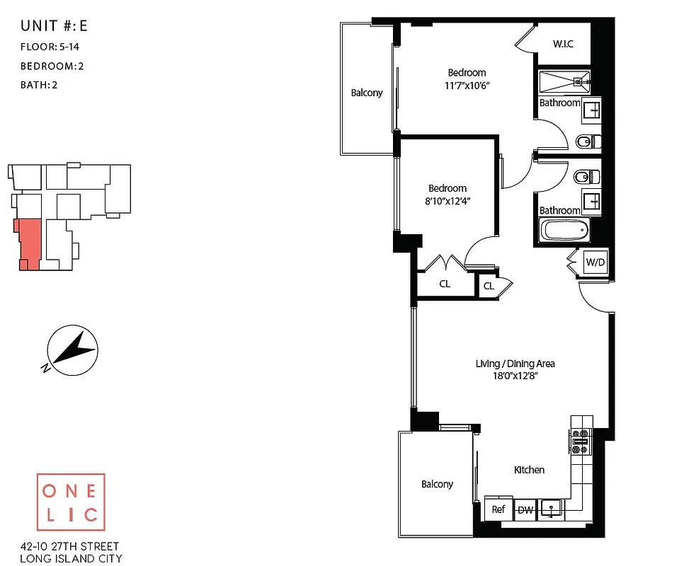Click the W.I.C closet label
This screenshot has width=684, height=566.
pos(563,45)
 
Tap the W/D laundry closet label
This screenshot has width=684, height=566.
pos(594,262)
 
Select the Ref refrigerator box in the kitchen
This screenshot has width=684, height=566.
pos(498,509)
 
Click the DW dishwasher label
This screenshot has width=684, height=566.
pos(525,510)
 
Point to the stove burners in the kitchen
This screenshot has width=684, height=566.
pos(581,441)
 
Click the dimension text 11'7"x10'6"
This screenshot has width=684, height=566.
pos(467,86)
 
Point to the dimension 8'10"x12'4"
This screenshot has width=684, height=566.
pos(448,201)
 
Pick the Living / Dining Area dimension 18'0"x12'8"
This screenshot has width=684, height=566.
pos(515,376)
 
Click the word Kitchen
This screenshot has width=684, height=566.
pos(529,470)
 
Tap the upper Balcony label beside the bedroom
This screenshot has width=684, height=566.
pos(367,93)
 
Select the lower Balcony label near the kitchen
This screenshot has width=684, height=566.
pos(437,484)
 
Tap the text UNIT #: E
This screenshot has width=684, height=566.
pos(54,27)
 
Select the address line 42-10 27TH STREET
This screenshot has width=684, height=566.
pos(70,546)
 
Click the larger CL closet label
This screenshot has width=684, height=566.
pos(445,284)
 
